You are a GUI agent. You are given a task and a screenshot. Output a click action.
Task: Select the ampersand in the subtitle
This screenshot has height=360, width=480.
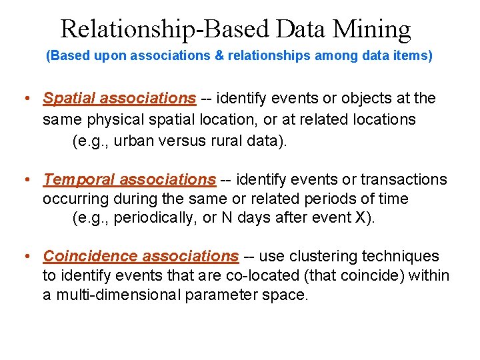(x=219, y=56)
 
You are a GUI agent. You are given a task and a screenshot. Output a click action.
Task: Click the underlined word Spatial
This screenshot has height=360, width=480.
(x=69, y=99)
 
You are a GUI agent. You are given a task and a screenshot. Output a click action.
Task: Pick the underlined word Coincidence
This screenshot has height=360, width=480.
(x=90, y=256)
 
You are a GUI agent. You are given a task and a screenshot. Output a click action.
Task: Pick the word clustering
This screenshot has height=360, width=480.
(x=322, y=256)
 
